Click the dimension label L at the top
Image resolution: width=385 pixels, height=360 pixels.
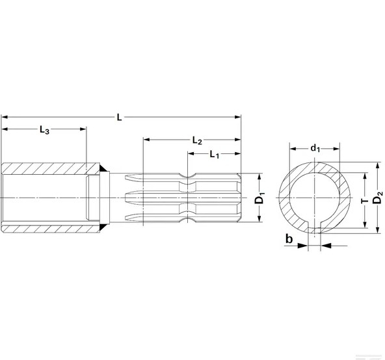point(118,117)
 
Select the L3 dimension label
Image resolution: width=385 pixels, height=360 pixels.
point(44,129)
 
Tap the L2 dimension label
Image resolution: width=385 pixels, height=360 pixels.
point(198,140)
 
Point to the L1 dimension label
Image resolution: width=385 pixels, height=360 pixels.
point(214,154)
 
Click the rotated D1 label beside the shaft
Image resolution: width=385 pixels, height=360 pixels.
point(259,198)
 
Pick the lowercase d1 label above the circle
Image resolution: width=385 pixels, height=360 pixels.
point(315,148)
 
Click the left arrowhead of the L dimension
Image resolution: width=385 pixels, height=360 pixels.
point(5,117)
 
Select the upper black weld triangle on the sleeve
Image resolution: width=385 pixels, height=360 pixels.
point(101,170)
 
